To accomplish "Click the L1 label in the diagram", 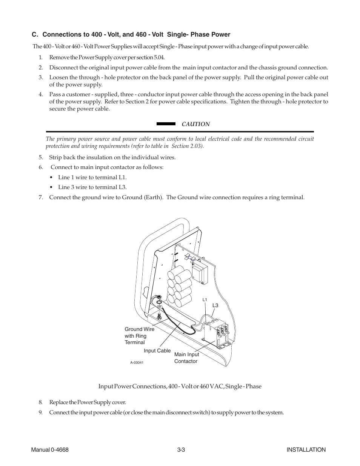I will pyautogui.click(x=205, y=300).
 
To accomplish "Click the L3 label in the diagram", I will pyautogui.click(x=215, y=305).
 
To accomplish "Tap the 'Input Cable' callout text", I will pyautogui.click(x=157, y=351).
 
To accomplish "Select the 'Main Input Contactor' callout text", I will pyautogui.click(x=186, y=358).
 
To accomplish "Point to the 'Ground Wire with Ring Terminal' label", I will pyautogui.click(x=139, y=336).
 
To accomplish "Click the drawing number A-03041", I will pyautogui.click(x=137, y=363).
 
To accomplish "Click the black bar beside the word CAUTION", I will pyautogui.click(x=166, y=124).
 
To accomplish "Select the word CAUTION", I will pyautogui.click(x=196, y=124).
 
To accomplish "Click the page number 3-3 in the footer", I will pyautogui.click(x=180, y=449).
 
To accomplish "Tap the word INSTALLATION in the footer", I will pyautogui.click(x=306, y=449).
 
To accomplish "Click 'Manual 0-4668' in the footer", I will pyautogui.click(x=49, y=449).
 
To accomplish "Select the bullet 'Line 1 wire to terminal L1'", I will pyautogui.click(x=92, y=177).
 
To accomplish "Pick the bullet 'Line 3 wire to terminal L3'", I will pyautogui.click(x=92, y=187).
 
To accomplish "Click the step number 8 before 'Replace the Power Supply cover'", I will pyautogui.click(x=40, y=402).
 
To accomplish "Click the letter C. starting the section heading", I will pyautogui.click(x=35, y=35).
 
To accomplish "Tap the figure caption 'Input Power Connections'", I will pyautogui.click(x=180, y=386).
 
